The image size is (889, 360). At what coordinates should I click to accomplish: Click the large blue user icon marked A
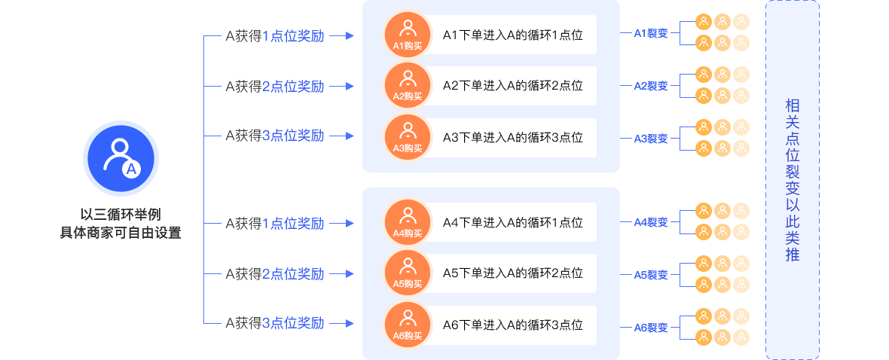click(121, 158)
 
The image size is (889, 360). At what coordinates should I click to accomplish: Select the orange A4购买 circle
click(407, 222)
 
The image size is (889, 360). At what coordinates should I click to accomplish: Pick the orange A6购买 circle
click(407, 325)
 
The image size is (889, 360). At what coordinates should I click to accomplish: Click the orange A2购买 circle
click(407, 86)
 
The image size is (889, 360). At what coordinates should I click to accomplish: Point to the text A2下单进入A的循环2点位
click(512, 86)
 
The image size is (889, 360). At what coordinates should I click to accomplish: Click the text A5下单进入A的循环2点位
click(512, 273)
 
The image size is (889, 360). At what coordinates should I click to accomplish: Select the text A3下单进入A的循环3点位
click(512, 137)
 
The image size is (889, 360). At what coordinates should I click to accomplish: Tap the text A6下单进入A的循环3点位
click(512, 325)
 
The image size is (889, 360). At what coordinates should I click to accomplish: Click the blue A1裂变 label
click(651, 33)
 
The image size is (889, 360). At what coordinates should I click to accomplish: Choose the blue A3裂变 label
click(651, 139)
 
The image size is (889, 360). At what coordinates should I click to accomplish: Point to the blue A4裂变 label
click(651, 222)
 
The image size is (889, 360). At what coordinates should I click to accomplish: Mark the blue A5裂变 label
click(651, 275)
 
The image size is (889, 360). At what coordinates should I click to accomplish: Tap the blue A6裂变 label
click(651, 327)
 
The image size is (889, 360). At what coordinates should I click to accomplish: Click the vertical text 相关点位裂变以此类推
click(792, 180)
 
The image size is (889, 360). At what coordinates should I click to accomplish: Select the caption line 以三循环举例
click(121, 215)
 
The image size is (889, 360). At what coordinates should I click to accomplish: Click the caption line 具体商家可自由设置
click(121, 233)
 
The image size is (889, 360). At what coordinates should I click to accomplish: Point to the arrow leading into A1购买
click(342, 36)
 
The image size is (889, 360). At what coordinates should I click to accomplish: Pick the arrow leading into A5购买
click(342, 274)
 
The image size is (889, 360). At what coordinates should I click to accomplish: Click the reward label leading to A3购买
click(275, 136)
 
